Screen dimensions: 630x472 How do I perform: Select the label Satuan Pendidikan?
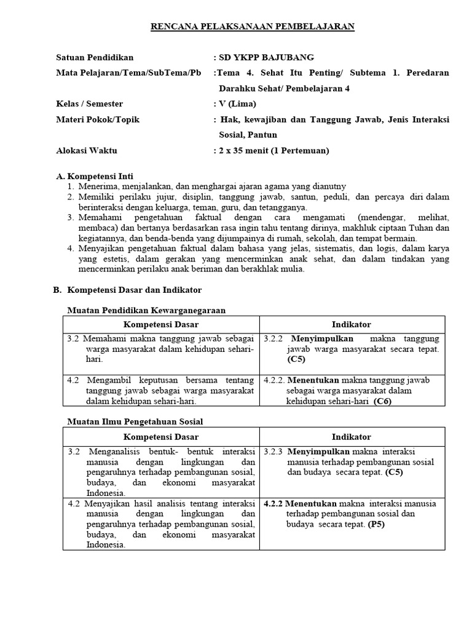(94, 57)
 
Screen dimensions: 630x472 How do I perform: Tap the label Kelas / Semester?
(90, 103)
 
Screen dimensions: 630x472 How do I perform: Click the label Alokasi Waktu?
(87, 150)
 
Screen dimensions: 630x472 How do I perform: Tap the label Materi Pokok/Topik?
(98, 119)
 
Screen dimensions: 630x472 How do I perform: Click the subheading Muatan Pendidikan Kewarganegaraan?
(146, 310)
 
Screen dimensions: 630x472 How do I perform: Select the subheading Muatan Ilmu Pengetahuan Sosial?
(135, 421)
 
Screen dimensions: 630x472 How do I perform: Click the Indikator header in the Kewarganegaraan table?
(352, 324)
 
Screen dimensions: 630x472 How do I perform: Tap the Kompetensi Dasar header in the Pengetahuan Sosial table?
(161, 437)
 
